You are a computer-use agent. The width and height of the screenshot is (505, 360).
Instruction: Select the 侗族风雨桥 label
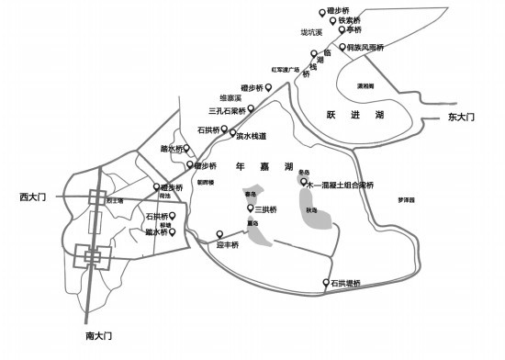coord(365,47)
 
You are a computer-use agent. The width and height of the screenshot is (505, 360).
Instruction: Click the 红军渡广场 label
coord(286,69)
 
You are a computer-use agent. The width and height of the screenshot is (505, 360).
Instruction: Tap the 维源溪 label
coord(229,97)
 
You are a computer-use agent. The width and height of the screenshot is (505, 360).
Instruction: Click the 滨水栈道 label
coord(250,136)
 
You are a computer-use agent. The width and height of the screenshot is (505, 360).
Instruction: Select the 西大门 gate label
coord(32,197)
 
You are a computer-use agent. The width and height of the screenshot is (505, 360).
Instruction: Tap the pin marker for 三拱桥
coord(249,208)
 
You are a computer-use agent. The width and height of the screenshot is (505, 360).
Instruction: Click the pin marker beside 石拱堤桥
coord(324,283)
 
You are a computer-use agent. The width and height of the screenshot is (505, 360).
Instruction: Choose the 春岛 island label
coord(250,195)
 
